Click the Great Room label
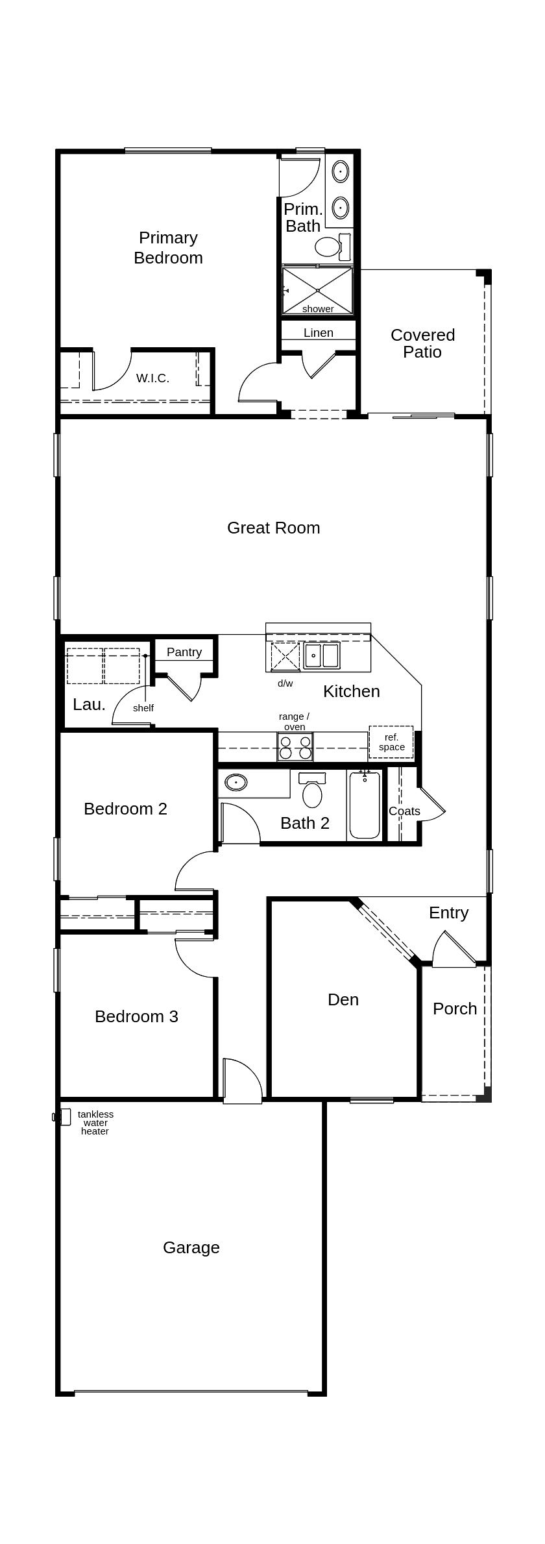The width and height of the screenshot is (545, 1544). (x=273, y=528)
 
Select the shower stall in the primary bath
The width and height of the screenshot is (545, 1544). (x=317, y=290)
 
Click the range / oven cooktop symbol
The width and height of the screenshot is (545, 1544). (x=295, y=746)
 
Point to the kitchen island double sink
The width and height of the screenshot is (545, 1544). (x=322, y=656)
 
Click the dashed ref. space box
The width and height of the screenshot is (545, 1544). (x=391, y=742)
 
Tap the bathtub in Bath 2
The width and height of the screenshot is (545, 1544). (x=365, y=806)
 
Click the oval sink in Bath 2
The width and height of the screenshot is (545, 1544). (x=236, y=783)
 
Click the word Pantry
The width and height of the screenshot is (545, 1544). (x=184, y=652)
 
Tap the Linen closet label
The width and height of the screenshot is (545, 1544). (x=319, y=333)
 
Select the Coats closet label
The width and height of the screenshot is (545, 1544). (x=404, y=811)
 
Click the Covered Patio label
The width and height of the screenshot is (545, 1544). (x=422, y=343)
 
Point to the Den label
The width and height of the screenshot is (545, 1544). (x=343, y=999)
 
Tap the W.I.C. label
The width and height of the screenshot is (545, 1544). (x=152, y=378)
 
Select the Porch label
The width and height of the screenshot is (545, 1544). (x=455, y=1009)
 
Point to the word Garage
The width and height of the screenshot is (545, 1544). (x=191, y=1247)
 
